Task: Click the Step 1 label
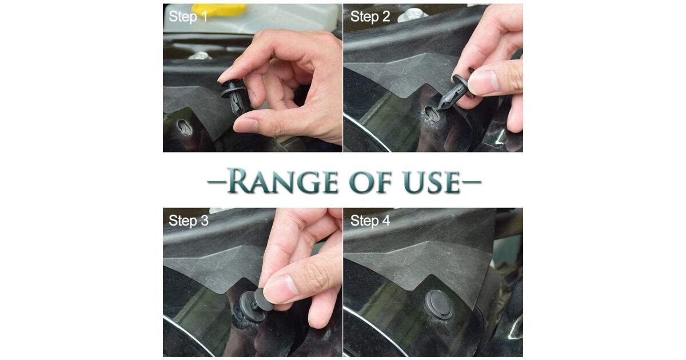pos(188,16)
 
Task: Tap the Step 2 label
pos(370,16)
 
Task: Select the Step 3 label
pos(188,221)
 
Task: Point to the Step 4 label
pos(370,221)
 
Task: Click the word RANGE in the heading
pos(282,181)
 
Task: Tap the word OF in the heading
pos(370,182)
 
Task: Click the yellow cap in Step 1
pos(220,10)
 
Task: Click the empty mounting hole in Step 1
pos(185,127)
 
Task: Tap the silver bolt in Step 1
pos(200,56)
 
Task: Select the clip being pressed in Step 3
pos(253,307)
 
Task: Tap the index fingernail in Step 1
pos(225,75)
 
